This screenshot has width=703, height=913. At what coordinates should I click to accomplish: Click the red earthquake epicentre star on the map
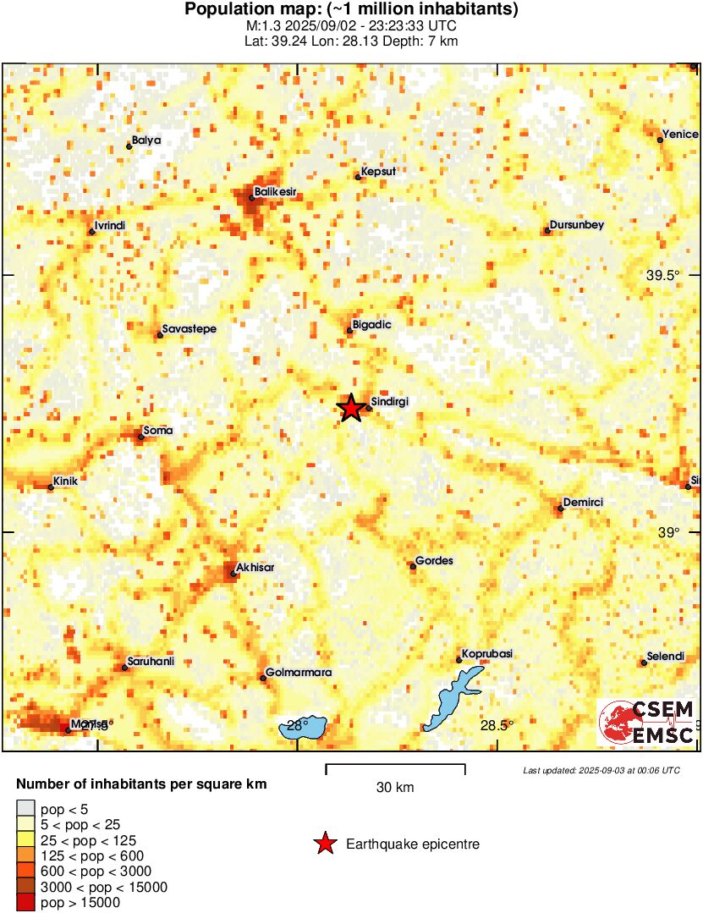tap(350, 408)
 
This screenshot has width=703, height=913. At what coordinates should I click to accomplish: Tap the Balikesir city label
tap(277, 192)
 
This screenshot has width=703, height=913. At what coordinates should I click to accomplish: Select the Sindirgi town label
tap(390, 402)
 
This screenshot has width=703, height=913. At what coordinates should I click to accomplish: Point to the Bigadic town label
tap(373, 324)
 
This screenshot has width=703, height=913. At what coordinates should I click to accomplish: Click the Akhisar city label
tap(256, 567)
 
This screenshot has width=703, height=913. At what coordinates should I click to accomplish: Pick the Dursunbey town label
tap(577, 224)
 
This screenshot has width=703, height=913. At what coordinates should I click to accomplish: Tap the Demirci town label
tap(583, 502)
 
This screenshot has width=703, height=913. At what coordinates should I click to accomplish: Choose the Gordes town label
tap(435, 561)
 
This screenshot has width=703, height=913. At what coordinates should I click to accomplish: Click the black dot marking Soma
tap(141, 437)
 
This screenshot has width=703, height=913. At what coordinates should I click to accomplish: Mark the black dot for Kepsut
tap(358, 177)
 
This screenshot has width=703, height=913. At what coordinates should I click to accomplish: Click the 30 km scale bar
tap(395, 768)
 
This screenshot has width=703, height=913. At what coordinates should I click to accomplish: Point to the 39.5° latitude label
tap(663, 275)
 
